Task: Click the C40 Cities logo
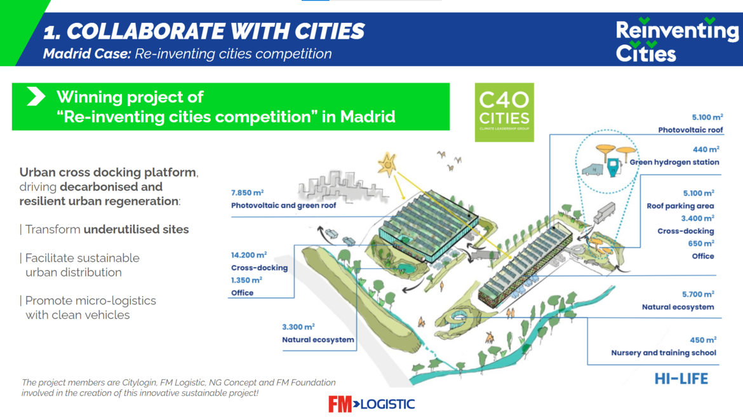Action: click(x=504, y=112)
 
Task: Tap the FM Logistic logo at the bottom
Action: click(x=371, y=404)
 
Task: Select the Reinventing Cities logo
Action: click(x=677, y=40)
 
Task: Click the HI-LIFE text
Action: click(x=681, y=379)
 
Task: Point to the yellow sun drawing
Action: click(x=387, y=165)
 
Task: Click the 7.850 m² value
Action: click(x=248, y=193)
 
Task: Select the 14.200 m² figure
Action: click(x=249, y=255)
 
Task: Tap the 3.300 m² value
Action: click(x=298, y=327)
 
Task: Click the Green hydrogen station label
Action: click(x=674, y=162)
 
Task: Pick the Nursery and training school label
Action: click(x=664, y=353)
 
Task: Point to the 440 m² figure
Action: click(x=706, y=149)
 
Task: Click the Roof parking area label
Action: click(x=681, y=206)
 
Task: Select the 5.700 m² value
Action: click(x=698, y=294)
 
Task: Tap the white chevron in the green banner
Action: click(x=36, y=96)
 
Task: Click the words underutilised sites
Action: click(x=136, y=229)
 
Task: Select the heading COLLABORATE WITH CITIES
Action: click(x=216, y=31)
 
